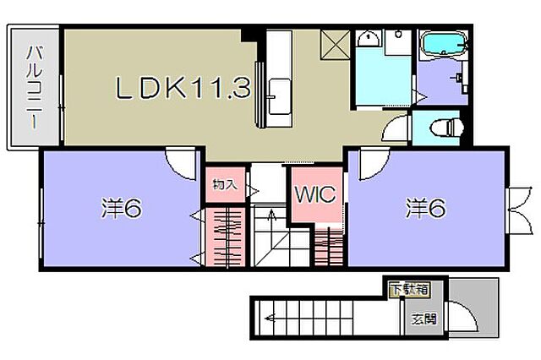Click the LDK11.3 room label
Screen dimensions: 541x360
(183, 88)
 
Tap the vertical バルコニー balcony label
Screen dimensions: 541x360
(35, 88)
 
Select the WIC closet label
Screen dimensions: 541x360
(315, 194)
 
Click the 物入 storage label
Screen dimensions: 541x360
(225, 184)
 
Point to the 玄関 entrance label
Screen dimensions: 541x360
(424, 319)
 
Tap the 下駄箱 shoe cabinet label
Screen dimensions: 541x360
(410, 289)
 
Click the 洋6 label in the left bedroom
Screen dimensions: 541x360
(122, 208)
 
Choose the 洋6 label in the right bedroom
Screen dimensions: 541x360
(426, 208)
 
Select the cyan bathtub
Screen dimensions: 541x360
(443, 44)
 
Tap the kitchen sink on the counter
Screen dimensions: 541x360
(279, 96)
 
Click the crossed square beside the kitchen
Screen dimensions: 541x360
(335, 45)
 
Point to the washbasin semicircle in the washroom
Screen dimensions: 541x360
(369, 39)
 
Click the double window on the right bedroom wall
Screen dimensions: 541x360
(520, 210)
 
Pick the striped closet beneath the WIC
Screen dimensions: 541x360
(329, 247)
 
